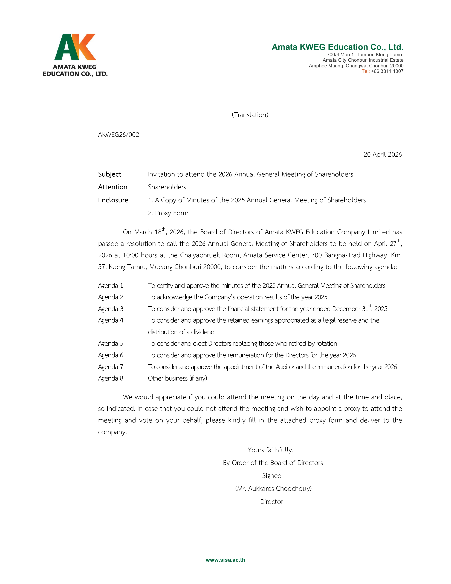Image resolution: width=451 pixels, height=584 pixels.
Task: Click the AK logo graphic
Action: pos(75,47)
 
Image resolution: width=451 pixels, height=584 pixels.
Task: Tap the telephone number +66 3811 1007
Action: pos(387,71)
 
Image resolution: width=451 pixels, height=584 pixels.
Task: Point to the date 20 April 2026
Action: pos(382,154)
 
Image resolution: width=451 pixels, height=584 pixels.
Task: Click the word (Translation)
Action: pos(250,115)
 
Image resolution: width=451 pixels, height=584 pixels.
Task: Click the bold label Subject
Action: pos(109,174)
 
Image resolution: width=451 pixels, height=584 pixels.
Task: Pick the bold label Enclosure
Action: pos(113,200)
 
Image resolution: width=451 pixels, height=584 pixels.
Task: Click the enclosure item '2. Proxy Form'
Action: pos(168,213)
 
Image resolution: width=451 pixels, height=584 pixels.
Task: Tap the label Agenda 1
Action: pos(111,286)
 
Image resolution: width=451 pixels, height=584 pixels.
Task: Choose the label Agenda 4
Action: pos(111,320)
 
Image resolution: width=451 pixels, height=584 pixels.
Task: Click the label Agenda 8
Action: pos(111,378)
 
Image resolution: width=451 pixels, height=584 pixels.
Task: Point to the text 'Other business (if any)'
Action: pos(177,378)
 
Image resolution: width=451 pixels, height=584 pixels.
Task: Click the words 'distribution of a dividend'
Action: pos(181,332)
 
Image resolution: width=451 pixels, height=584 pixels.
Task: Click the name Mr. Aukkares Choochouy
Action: pos(273,489)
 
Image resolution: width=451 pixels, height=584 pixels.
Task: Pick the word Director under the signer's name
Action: pos(271,502)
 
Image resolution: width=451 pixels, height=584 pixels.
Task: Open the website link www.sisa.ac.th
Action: pos(225,560)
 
